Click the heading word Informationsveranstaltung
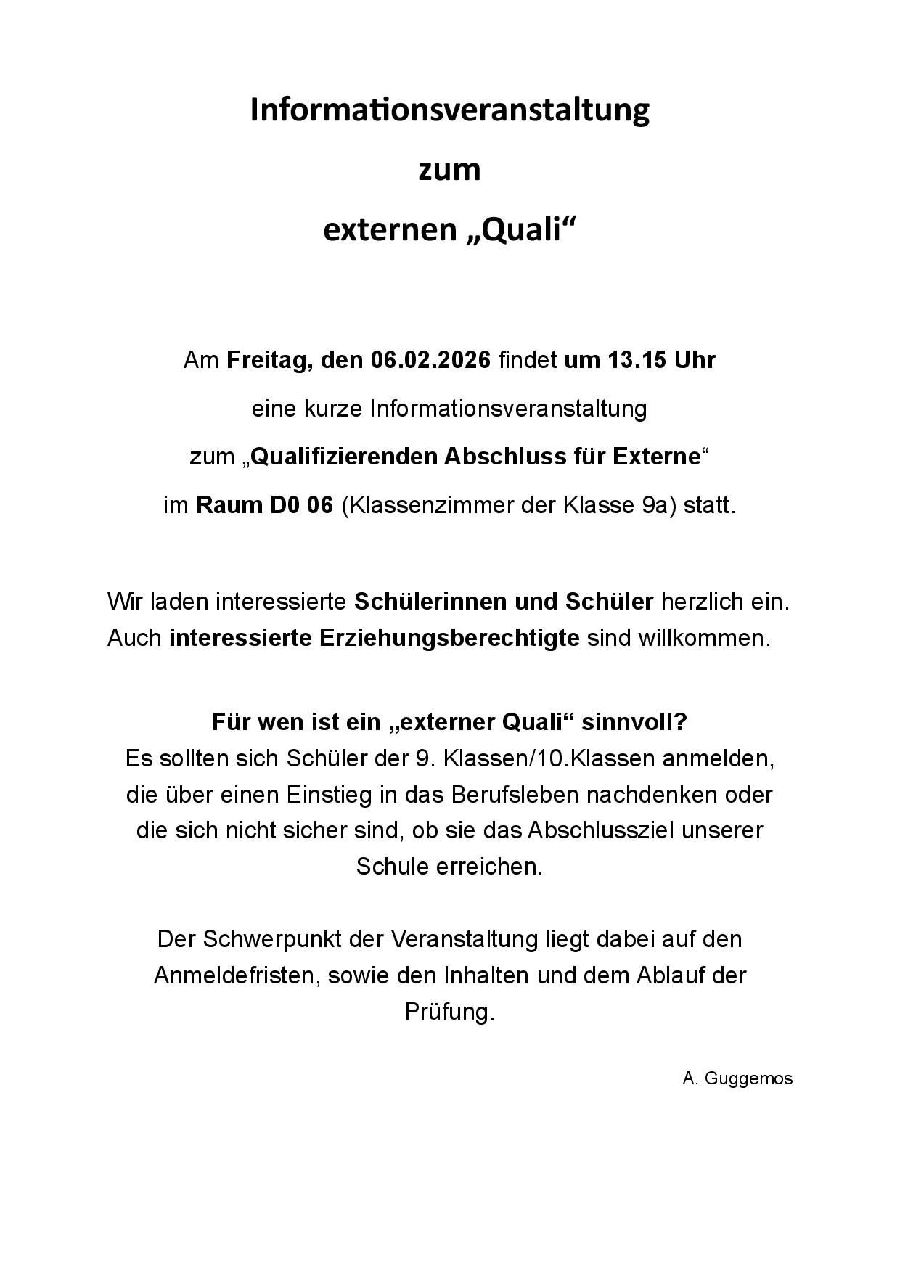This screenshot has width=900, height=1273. tap(449, 110)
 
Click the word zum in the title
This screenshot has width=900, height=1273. tap(449, 171)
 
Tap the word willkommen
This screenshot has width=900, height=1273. tap(703, 639)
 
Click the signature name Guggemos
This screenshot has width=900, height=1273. tap(748, 1078)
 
